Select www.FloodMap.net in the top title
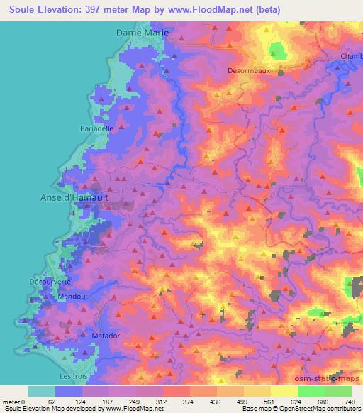pyautogui.click(x=219, y=10)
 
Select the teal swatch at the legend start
pyautogui.click(x=41, y=391)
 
